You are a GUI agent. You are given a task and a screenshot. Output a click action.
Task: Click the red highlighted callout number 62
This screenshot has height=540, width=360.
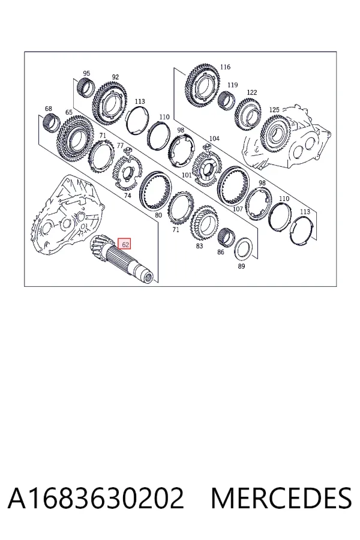[125, 244]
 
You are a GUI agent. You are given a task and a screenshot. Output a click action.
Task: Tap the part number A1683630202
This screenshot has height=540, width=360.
[96, 498]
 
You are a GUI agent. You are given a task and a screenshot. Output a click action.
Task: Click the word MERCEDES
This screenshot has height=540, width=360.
[281, 498]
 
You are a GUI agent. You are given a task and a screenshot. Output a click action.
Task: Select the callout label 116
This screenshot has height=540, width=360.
[225, 67]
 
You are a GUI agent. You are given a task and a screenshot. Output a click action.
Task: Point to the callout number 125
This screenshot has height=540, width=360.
[274, 110]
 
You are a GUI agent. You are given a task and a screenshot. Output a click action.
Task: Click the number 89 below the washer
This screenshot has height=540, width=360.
[241, 266]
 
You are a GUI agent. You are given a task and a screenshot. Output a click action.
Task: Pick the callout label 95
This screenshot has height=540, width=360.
[86, 73]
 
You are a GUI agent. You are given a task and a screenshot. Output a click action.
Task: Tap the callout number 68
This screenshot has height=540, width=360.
[49, 109]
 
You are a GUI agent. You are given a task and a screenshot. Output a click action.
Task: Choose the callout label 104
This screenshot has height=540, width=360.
[214, 139]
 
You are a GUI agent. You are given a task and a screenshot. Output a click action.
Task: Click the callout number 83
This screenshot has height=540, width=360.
[199, 246]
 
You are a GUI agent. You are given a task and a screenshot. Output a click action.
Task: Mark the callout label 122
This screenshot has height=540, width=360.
[252, 92]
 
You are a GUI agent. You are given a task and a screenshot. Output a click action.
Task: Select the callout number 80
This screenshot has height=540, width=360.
[158, 215]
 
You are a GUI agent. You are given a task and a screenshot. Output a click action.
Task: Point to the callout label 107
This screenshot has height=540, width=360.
[238, 209]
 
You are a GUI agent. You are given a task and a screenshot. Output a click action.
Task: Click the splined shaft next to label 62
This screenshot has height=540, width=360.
[122, 259]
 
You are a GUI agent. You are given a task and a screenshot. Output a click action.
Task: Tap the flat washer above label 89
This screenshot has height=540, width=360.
[244, 250]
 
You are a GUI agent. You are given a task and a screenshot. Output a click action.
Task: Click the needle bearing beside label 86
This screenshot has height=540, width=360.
[226, 237]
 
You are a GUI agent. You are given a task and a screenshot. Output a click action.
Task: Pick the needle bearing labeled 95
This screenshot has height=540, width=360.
[85, 88]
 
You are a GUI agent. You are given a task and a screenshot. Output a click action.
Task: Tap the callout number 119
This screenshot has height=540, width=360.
[233, 85]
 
